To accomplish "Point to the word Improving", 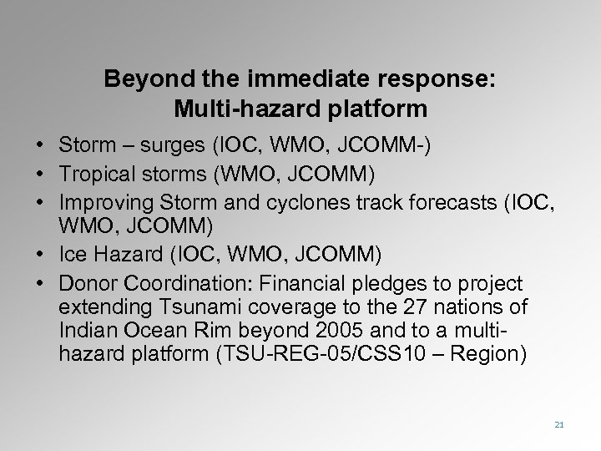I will (102, 201).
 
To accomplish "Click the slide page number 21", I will (558, 425).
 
